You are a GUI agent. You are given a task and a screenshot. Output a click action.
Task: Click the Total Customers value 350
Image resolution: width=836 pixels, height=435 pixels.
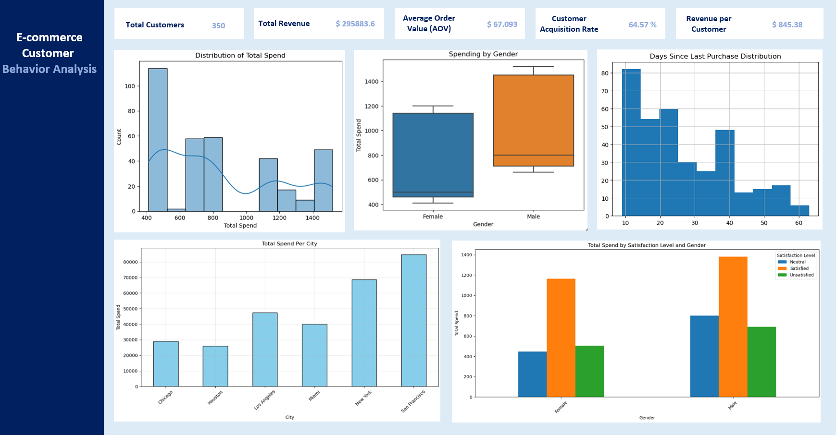pyautogui.click(x=218, y=25)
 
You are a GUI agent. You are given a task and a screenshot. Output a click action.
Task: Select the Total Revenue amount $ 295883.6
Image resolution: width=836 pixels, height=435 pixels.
pyautogui.click(x=355, y=24)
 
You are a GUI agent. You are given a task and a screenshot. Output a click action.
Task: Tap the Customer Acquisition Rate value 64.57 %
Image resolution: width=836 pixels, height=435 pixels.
pyautogui.click(x=642, y=25)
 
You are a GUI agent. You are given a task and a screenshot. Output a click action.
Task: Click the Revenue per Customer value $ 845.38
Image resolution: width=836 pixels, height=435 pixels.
pyautogui.click(x=787, y=25)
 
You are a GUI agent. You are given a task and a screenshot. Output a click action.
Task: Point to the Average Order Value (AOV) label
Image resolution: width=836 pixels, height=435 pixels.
pyautogui.click(x=429, y=24)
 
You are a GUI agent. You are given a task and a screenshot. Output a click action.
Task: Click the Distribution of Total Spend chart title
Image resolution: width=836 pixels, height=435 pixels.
pyautogui.click(x=240, y=55)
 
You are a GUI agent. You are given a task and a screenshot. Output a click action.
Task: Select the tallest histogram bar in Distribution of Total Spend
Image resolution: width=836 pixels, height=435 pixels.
pyautogui.click(x=158, y=139)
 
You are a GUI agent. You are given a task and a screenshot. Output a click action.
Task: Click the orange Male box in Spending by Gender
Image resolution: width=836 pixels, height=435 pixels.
pyautogui.click(x=533, y=120)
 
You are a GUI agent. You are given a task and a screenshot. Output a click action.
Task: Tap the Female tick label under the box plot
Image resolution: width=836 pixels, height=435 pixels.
pyautogui.click(x=433, y=217)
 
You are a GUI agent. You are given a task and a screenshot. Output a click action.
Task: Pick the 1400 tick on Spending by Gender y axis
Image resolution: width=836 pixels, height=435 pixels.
pyautogui.click(x=371, y=82)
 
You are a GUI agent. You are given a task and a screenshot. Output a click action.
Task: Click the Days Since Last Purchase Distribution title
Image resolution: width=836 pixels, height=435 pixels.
pyautogui.click(x=715, y=56)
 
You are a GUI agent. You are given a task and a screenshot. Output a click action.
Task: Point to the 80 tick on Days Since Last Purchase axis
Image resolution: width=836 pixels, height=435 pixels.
pyautogui.click(x=605, y=73)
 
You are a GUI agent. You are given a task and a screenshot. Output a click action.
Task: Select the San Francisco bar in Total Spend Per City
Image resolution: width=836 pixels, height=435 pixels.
pyautogui.click(x=413, y=320)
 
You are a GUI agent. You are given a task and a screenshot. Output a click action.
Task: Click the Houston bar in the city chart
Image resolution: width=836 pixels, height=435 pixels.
pyautogui.click(x=215, y=366)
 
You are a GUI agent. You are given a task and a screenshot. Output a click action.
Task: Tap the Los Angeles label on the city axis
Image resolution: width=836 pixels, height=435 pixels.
pyautogui.click(x=265, y=399)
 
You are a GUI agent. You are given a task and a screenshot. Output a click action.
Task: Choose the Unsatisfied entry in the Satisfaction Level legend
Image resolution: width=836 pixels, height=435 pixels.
pyautogui.click(x=801, y=275)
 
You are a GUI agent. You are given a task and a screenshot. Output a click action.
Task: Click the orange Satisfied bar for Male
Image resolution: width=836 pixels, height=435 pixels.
pyautogui.click(x=733, y=326)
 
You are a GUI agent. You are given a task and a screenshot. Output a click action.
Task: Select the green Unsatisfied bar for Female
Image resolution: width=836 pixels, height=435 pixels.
pyautogui.click(x=589, y=371)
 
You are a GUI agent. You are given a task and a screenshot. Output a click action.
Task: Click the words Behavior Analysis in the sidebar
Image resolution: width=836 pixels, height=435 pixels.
pyautogui.click(x=50, y=69)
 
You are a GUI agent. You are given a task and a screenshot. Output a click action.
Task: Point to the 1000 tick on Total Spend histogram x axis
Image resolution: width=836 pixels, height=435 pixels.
pyautogui.click(x=246, y=218)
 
